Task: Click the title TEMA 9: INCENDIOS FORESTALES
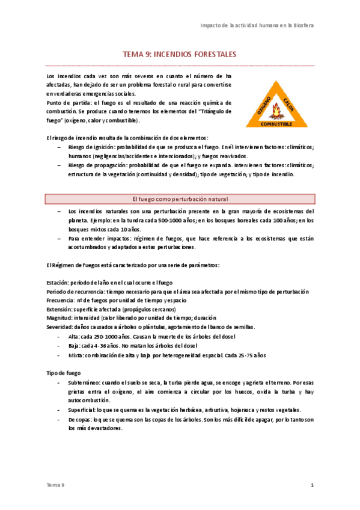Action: pos(180,54)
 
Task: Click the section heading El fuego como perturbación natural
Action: pos(179,198)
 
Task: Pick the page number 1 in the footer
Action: pos(312,485)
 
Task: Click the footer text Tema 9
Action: pos(55,485)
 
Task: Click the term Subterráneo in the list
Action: pos(84,382)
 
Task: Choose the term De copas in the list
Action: pos(81,420)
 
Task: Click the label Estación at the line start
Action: pos(57,283)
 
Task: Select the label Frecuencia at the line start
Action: pos(61,300)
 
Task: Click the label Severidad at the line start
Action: pos(59,327)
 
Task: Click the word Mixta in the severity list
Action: pos(76,355)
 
